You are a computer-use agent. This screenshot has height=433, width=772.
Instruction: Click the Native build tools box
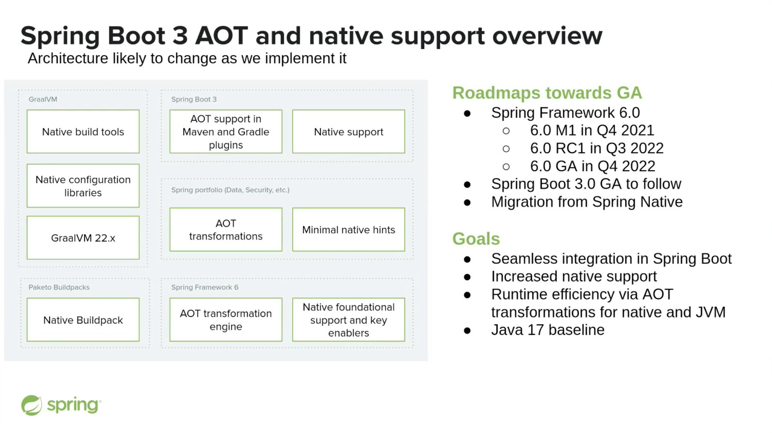point(83,132)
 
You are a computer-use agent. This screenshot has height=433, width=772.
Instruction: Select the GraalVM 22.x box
point(83,238)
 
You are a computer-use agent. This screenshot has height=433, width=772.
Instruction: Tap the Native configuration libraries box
point(83,186)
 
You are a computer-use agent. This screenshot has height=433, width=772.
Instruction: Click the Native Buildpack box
point(83,320)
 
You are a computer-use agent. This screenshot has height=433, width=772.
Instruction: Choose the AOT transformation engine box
point(226,320)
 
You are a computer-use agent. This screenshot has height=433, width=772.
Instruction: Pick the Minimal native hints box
point(348,230)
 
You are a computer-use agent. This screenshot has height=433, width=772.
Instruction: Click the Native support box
point(348,132)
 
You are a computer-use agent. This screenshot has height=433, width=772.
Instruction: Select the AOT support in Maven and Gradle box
point(226,132)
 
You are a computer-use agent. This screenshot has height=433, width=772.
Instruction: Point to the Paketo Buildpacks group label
point(59,287)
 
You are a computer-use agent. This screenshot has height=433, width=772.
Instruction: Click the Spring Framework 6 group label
point(205,287)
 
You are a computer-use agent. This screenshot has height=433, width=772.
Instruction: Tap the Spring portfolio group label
point(230,190)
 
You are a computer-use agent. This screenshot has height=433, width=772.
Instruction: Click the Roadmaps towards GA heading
point(547,93)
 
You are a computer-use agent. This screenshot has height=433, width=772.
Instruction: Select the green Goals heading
point(476,239)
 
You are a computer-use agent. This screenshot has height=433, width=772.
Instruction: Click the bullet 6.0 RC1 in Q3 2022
point(597,148)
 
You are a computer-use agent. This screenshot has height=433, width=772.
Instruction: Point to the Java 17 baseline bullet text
point(547,330)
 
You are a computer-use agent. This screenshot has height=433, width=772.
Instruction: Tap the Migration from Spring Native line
point(587,202)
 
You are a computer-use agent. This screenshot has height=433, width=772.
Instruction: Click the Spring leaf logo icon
point(31,405)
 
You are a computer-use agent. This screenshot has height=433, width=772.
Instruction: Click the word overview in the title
point(547,36)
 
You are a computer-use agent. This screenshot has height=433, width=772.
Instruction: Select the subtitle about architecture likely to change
point(187,58)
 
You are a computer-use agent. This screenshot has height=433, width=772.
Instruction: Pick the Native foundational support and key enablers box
point(348,320)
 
